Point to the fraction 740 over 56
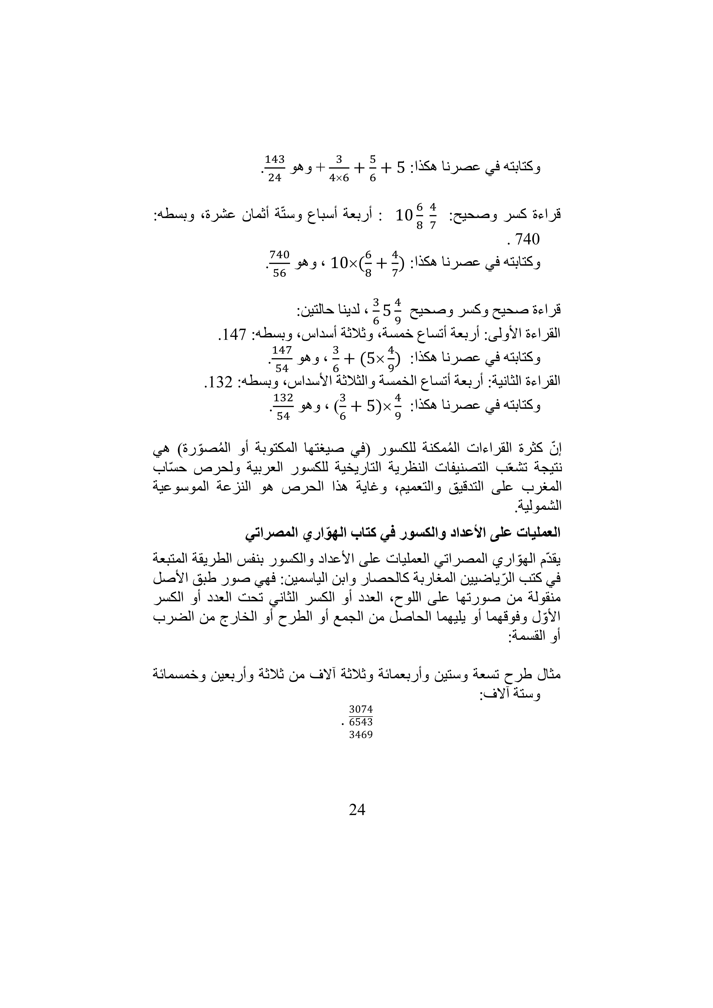click(279, 263)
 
